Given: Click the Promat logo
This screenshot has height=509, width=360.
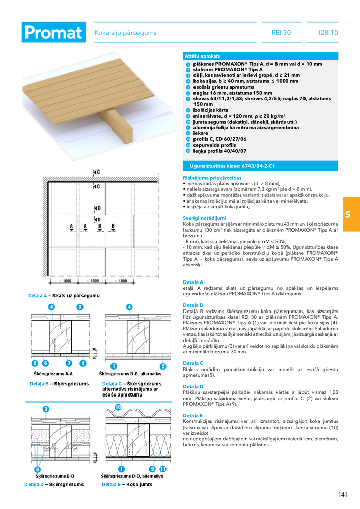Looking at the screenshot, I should (x=53, y=33).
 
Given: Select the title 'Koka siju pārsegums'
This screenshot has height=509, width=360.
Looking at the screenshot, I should (x=125, y=33).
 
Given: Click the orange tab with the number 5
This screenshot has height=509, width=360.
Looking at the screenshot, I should (x=347, y=214).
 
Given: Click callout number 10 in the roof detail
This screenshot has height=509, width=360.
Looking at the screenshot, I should (x=118, y=407).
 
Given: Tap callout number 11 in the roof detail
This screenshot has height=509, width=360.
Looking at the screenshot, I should (x=163, y=469).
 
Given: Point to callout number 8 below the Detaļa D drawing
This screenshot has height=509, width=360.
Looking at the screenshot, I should (x=37, y=469).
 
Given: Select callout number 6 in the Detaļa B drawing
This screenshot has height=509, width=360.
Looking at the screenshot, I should (x=45, y=363).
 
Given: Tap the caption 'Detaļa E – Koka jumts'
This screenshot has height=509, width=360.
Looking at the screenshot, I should (x=124, y=484).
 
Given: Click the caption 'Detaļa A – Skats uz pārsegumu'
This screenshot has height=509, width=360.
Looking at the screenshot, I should (x=64, y=296).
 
